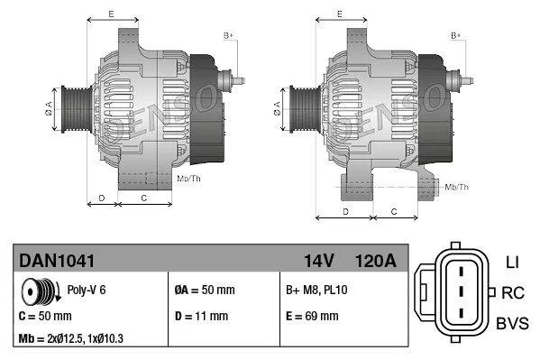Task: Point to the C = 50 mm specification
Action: [x=45, y=316]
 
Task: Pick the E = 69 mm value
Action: [x=311, y=316]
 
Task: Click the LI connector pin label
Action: [x=511, y=263]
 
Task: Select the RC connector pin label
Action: [x=512, y=292]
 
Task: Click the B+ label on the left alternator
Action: [x=228, y=35]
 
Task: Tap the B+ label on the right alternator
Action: [x=455, y=35]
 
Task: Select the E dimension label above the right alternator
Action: [x=339, y=14]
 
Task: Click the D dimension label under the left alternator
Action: [x=101, y=197]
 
